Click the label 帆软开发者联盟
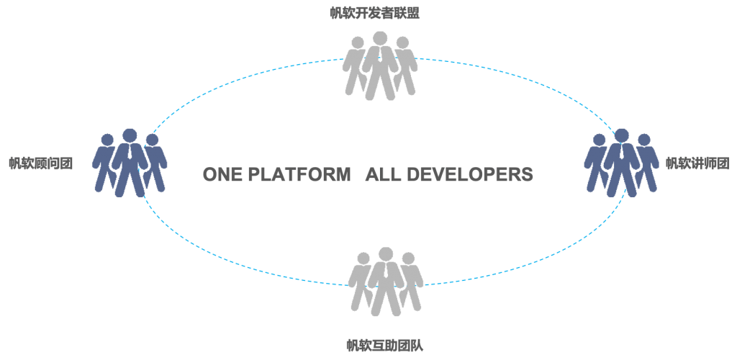tap(374, 13)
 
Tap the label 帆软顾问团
tap(41, 163)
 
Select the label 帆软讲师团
tap(697, 163)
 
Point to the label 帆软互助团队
tap(385, 346)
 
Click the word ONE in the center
tap(223, 174)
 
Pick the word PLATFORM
tap(299, 174)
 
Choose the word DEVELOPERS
tap(469, 174)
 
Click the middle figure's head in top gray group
tap(380, 39)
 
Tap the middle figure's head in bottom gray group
tap(386, 254)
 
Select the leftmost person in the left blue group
tap(105, 163)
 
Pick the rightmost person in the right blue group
tap(646, 163)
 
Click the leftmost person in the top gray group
tap(356, 66)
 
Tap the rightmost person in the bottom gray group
tap(410, 282)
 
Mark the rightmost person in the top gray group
tap(404, 66)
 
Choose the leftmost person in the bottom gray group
tap(361, 282)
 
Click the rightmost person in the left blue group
tap(154, 163)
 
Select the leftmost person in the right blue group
tap(597, 163)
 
